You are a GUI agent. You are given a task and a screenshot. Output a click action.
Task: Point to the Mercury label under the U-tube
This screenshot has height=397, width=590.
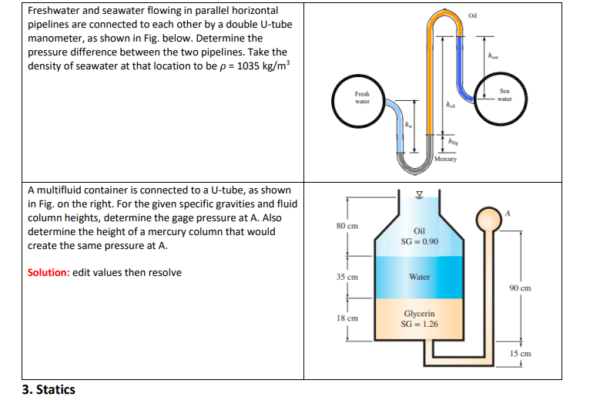point(446,160)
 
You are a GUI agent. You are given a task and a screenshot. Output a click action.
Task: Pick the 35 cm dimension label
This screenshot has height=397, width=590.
point(347,276)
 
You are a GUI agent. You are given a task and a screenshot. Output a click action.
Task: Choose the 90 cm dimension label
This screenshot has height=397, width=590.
point(521,288)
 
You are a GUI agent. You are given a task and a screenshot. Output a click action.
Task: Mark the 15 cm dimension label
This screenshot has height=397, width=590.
point(521,354)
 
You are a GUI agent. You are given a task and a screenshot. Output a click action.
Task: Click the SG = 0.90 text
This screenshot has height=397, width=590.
point(420,241)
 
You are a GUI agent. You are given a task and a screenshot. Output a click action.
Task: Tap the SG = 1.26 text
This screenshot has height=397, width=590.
point(420,324)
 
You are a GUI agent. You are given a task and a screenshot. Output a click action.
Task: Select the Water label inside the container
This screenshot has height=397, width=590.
point(420,276)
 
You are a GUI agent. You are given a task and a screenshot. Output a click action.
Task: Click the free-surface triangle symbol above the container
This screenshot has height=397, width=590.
point(419,194)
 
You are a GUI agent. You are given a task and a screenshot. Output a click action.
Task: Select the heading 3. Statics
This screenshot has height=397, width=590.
point(49,389)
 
